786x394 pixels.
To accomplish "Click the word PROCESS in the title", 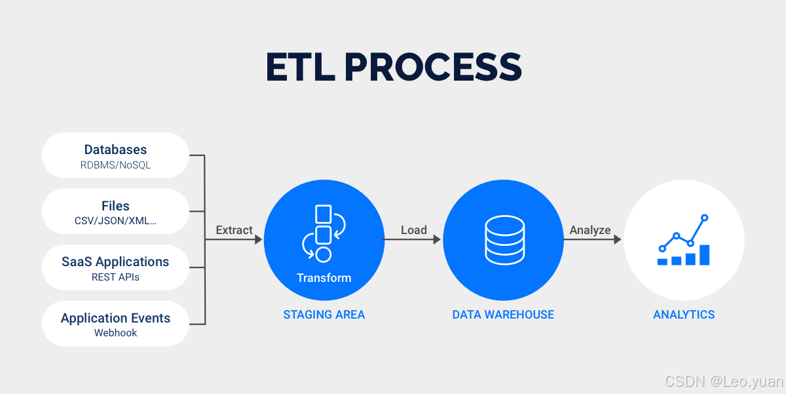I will [x=433, y=67].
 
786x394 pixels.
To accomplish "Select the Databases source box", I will [x=115, y=156].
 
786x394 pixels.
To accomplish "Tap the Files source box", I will [x=115, y=212].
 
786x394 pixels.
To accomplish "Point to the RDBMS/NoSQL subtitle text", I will [x=115, y=165].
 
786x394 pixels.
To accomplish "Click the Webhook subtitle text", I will [x=115, y=333].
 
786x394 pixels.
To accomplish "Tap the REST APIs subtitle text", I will [x=115, y=277].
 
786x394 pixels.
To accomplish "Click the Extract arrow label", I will [x=234, y=230].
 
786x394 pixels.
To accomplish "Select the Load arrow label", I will [x=413, y=230].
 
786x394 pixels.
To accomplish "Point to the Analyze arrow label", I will [x=589, y=230].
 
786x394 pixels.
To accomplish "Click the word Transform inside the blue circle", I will [x=324, y=278].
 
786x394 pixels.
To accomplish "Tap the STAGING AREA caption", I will [x=324, y=315].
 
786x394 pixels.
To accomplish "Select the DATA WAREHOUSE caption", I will [x=503, y=315].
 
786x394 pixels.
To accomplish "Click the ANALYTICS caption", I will [x=684, y=315].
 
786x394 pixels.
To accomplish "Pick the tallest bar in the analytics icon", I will [x=705, y=254].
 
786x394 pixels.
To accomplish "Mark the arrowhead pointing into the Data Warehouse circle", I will [x=437, y=240].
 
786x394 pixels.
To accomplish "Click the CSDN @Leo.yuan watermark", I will [x=724, y=382].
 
